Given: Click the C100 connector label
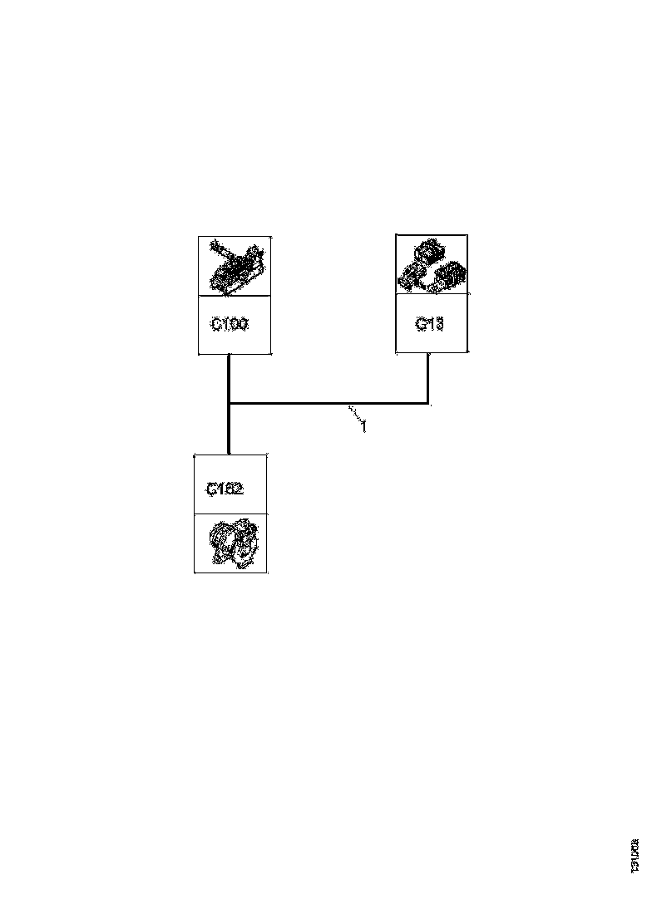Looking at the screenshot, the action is [x=229, y=325].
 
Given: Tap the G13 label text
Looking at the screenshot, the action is [x=429, y=324].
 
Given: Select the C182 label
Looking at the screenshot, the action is [x=225, y=489].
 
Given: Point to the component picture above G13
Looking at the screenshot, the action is [x=431, y=265].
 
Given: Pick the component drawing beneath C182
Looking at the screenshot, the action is [x=230, y=543].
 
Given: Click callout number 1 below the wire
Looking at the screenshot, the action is [x=363, y=429].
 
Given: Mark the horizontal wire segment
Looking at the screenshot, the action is [x=328, y=405].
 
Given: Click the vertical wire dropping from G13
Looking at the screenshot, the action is [x=427, y=379].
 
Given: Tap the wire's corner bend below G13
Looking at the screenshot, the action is [x=427, y=405].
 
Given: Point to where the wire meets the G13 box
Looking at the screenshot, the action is [x=427, y=353].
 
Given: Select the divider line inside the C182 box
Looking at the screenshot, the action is [x=230, y=514].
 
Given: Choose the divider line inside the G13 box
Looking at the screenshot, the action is [x=431, y=295].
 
